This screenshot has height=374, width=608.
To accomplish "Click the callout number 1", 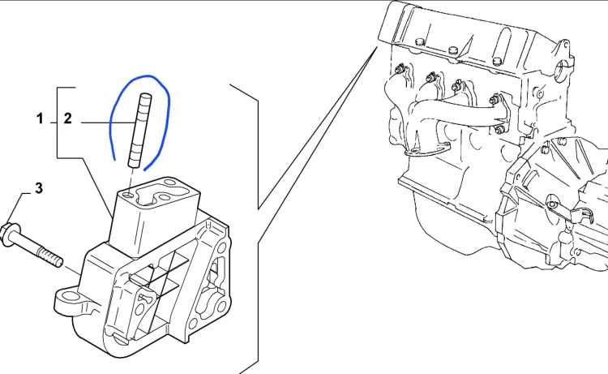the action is point(40,118).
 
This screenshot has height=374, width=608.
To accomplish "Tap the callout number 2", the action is point(68,118).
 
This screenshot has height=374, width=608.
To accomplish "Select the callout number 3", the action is point(39,188).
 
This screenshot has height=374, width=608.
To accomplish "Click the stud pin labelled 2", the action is point(139,131).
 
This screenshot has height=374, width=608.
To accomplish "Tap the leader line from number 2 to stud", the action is point(108,123).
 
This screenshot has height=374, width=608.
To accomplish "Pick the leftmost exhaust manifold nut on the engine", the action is point(398,71).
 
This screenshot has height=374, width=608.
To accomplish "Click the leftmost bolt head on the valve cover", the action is point(418,41).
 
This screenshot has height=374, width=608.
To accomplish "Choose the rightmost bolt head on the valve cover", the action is point(497,61).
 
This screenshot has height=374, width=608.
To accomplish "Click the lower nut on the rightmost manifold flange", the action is point(499,129).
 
